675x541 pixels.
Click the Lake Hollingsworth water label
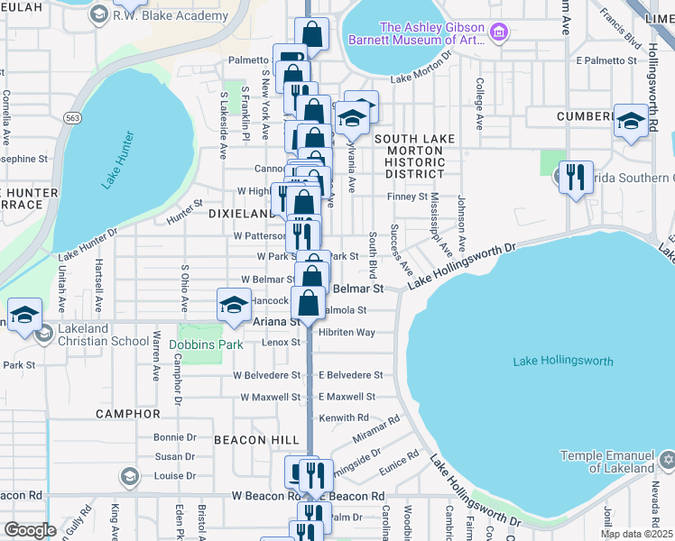(x=562, y=362)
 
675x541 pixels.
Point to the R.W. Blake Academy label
(x=170, y=16)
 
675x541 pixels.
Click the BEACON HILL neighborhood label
(x=256, y=439)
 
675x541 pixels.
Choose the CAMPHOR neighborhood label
(x=127, y=414)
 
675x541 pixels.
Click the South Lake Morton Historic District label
(x=410, y=156)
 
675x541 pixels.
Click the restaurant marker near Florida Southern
(x=575, y=177)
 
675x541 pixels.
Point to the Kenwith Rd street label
(x=344, y=418)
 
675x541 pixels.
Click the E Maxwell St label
(x=347, y=397)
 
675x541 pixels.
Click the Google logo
(x=30, y=530)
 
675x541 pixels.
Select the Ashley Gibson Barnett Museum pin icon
(x=499, y=34)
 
